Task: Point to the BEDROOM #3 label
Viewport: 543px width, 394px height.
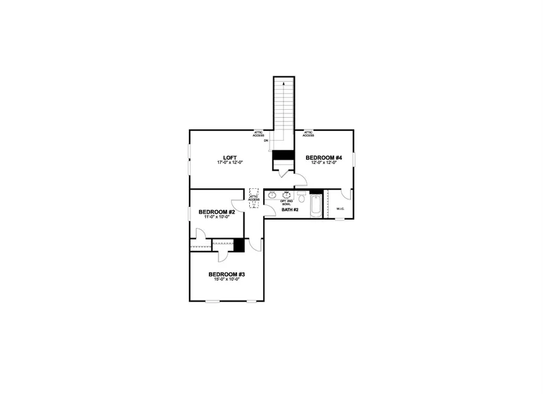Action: [227, 275]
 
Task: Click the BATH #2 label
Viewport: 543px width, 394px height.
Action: [291, 210]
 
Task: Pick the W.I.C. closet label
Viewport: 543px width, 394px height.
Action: [340, 209]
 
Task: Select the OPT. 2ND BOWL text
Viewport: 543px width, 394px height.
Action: [286, 203]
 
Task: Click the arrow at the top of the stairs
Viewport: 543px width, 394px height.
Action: [283, 84]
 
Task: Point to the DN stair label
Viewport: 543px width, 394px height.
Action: [265, 141]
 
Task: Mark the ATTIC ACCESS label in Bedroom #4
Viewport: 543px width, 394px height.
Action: [308, 134]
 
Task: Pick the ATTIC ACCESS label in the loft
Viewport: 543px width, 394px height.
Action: [258, 134]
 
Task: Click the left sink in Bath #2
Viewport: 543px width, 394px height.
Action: [273, 195]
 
